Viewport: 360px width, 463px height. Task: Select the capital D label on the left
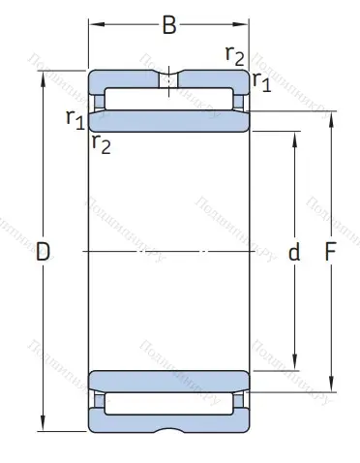43,253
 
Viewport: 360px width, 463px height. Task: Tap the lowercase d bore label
294,253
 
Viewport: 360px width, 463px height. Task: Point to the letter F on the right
330,253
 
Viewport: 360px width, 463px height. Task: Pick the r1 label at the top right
261,81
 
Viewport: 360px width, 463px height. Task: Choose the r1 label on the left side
75,118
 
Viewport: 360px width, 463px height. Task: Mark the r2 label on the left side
100,145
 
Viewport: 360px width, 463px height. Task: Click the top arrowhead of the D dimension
43,76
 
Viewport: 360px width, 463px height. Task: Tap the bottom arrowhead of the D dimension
43,427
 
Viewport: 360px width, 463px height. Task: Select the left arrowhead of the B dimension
94,25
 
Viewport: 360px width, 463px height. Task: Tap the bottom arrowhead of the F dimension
330,387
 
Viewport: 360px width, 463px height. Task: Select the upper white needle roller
168,99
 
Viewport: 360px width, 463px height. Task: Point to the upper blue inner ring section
168,121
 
